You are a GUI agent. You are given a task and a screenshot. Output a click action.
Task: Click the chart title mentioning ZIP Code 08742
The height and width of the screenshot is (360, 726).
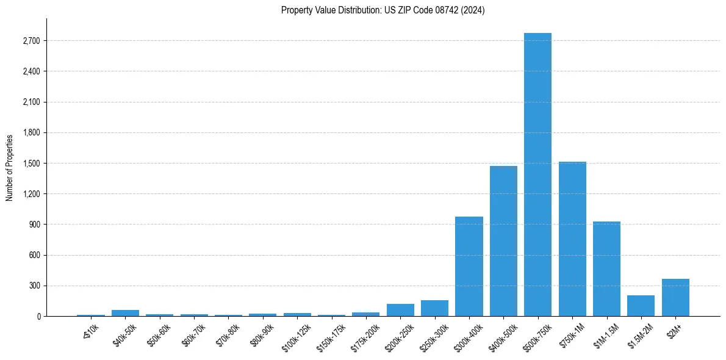(383, 10)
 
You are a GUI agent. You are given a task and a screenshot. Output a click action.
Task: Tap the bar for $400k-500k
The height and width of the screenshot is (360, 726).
(503, 241)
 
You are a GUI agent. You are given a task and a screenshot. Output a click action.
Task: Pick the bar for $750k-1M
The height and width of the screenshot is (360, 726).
(572, 239)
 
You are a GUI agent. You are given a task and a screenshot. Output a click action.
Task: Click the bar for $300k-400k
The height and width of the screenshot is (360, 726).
(469, 267)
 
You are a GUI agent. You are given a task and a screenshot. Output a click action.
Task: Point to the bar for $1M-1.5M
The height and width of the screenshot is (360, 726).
(606, 269)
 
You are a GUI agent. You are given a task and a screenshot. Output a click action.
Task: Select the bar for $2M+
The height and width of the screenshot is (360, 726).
(675, 298)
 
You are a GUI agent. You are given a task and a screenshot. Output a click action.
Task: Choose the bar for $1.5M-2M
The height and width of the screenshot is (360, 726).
(641, 306)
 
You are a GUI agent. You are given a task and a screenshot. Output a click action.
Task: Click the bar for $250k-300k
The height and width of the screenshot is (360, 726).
(434, 308)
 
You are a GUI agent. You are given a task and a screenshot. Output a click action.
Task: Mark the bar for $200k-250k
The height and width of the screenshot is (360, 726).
(400, 310)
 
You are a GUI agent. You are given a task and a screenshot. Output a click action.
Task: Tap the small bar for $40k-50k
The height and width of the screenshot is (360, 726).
(125, 313)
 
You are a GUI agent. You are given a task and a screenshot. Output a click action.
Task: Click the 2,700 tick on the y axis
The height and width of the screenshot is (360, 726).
(31, 41)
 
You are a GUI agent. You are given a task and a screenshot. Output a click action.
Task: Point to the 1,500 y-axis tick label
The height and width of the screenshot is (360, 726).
(31, 164)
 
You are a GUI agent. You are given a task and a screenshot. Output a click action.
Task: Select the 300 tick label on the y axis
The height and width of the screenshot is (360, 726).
(34, 286)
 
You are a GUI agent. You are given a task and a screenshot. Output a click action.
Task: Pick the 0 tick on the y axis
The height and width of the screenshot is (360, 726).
(38, 316)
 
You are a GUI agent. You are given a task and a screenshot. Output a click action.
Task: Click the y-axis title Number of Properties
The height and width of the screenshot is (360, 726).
(10, 167)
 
